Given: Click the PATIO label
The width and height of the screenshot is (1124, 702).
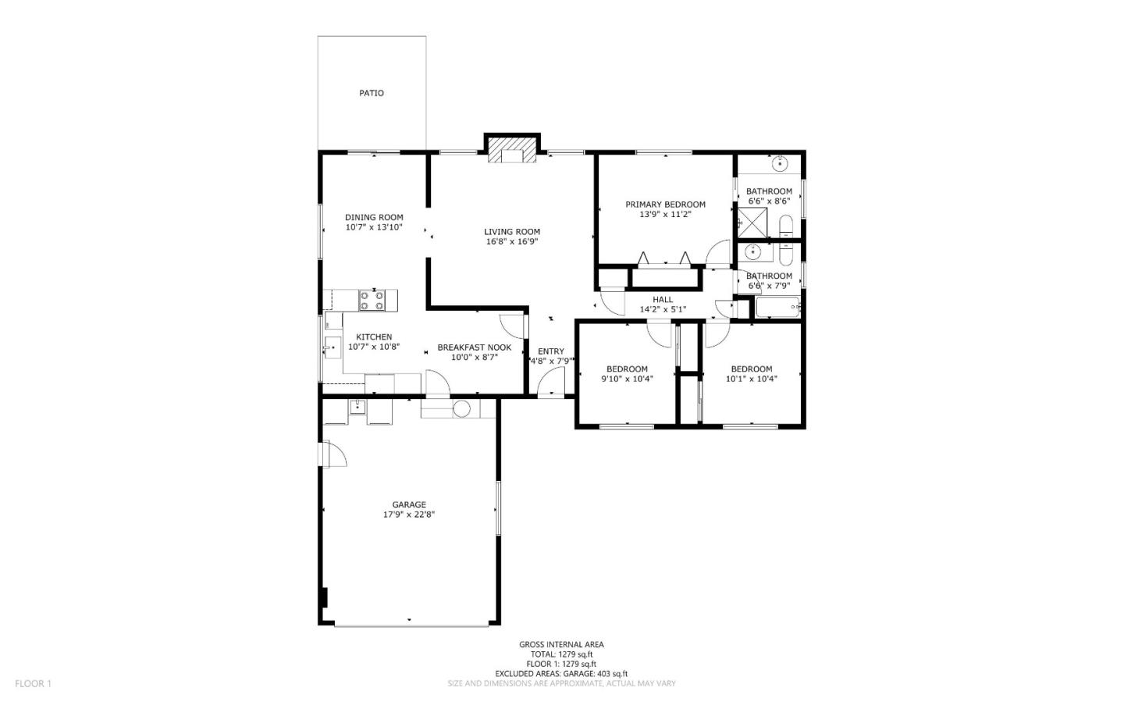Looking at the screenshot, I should tap(372, 93).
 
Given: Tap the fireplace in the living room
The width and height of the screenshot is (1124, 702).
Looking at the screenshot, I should tap(512, 154).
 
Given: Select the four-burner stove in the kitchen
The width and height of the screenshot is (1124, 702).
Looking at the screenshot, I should tap(372, 301).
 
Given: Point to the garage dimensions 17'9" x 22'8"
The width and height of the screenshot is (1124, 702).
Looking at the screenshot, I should tap(409, 515).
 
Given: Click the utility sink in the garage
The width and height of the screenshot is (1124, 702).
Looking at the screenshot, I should tap(357, 407).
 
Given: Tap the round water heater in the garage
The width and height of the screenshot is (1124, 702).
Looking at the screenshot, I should tap(461, 408).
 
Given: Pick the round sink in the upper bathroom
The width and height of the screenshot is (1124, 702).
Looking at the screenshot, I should tap(779, 165).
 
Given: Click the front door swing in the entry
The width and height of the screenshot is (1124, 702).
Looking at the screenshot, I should tap(553, 382).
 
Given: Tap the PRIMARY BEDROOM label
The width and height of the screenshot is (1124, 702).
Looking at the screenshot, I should tap(665, 205).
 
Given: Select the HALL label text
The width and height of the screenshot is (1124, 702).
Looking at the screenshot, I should tap(663, 299).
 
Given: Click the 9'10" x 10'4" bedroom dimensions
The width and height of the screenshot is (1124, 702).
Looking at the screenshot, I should tap(627, 379).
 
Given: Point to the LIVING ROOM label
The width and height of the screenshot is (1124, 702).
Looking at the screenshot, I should tap(512, 231).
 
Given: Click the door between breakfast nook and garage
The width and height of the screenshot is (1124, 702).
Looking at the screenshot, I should tap(437, 384).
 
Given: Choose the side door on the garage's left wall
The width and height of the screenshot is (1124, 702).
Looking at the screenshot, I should tap(333, 454).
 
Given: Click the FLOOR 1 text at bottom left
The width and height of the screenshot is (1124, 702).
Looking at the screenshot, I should tap(33, 684).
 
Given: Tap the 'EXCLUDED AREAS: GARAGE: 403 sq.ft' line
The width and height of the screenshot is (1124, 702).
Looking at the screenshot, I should tap(561, 674).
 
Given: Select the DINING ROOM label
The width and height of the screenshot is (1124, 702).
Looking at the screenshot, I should tap(374, 217).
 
